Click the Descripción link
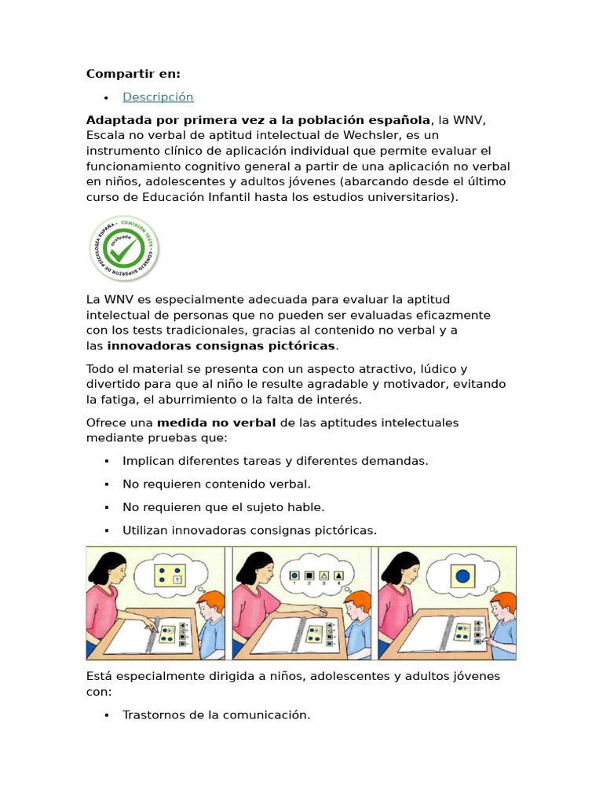click(x=158, y=97)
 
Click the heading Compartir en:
click(x=133, y=74)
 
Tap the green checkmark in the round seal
click(x=123, y=248)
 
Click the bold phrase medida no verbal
click(x=217, y=423)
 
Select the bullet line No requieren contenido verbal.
click(x=217, y=484)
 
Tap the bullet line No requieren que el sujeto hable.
click(x=224, y=507)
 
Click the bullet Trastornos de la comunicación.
click(x=217, y=714)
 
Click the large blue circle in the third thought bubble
click(x=462, y=576)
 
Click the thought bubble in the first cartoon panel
click(x=170, y=574)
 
